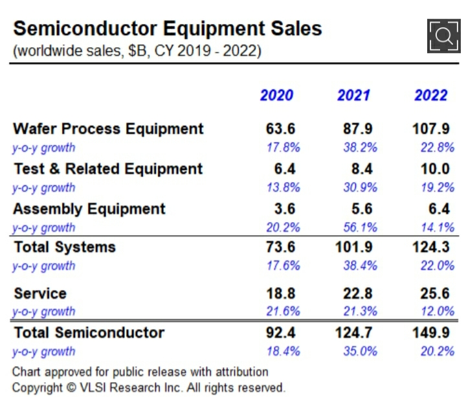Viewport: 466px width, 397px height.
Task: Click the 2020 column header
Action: point(276,95)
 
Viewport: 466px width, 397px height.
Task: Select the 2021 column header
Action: point(353,95)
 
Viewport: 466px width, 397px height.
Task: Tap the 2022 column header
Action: point(430,95)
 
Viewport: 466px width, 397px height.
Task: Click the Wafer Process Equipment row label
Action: point(108,128)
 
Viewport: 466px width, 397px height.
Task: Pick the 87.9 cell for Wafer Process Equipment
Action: point(358,128)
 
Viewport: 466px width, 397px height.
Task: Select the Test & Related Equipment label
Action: point(108,169)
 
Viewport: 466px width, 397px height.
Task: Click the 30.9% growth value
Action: point(360,188)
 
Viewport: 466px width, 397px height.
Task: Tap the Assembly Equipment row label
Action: point(89,209)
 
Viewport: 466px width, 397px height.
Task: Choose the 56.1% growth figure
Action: point(360,227)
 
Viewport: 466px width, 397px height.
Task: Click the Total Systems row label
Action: point(65,247)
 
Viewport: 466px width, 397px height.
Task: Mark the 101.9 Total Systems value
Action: point(353,247)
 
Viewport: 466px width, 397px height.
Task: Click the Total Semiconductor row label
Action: point(89,332)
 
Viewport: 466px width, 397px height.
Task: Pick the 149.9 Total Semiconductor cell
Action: point(430,332)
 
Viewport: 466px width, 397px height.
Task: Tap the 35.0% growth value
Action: point(360,352)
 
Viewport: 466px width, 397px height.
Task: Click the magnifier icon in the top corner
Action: point(443,36)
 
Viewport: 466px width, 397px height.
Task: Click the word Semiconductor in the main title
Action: point(84,28)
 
